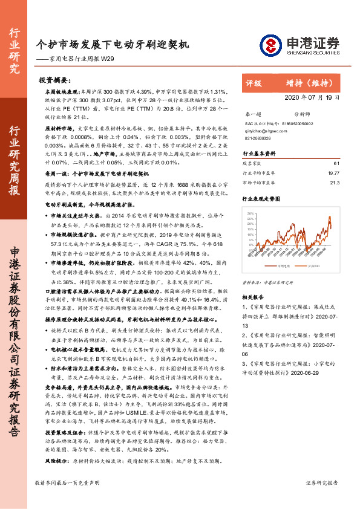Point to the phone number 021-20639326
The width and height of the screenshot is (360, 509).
(x=258, y=138)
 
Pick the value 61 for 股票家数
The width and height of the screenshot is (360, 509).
(x=336, y=163)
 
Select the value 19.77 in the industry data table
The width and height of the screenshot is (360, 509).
(x=334, y=172)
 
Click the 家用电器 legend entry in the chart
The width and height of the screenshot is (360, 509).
(x=284, y=265)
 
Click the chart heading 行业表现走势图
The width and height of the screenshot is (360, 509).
(x=261, y=198)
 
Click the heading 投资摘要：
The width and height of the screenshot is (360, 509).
(x=55, y=79)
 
